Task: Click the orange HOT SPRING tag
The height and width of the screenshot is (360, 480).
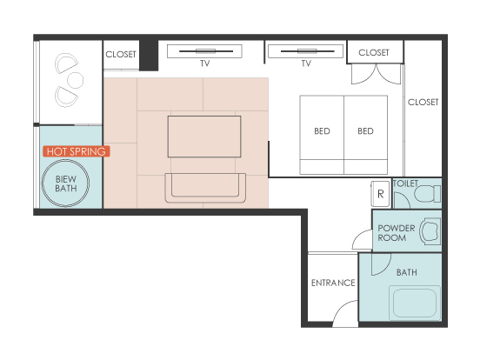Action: click(x=77, y=151)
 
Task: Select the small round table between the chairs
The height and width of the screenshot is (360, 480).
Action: click(x=75, y=80)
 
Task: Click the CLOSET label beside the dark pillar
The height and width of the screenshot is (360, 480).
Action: click(x=121, y=55)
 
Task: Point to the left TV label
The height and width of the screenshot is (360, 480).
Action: click(x=205, y=63)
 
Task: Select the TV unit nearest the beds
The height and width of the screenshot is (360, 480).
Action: click(x=305, y=51)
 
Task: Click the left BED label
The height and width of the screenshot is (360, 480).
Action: click(x=322, y=131)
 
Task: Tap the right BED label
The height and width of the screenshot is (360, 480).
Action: click(x=365, y=131)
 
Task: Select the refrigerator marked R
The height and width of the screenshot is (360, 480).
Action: click(x=380, y=194)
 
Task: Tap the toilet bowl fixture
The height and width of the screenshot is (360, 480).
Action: click(x=427, y=194)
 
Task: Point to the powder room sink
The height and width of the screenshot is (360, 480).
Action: click(x=430, y=231)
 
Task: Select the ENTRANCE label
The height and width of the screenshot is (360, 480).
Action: click(x=333, y=283)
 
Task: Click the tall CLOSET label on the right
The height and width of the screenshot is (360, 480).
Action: click(x=423, y=102)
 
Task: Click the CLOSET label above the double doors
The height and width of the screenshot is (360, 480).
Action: click(x=374, y=53)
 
